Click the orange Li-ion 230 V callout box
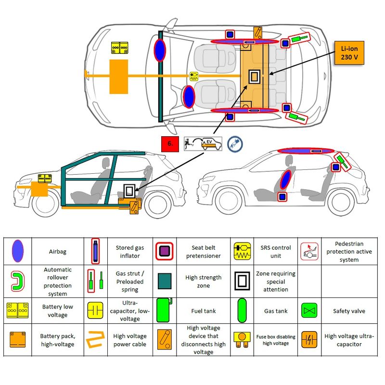[349, 53]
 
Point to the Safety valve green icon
[308, 311]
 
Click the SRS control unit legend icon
[242, 251]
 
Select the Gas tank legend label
[276, 311]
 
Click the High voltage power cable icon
[94, 340]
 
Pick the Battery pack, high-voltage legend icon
[17, 340]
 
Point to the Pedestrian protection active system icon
[308, 251]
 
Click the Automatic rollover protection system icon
[17, 282]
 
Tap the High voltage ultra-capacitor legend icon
[308, 340]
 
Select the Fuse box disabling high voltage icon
[242, 340]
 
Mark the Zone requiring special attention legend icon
[242, 282]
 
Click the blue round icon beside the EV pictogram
[235, 143]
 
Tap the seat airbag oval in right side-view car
[286, 178]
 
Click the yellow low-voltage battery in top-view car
[120, 47]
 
